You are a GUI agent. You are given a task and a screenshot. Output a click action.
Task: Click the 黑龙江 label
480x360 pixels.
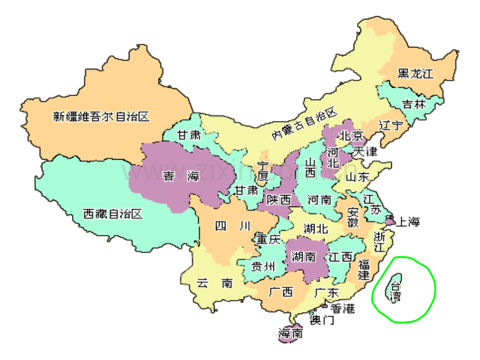[x=415, y=74]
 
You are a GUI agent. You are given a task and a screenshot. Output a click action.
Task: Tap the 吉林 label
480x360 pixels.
[x=414, y=104]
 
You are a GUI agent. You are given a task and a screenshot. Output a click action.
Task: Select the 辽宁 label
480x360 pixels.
[x=391, y=126]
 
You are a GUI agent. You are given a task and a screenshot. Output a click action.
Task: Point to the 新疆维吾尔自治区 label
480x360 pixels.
[x=101, y=116]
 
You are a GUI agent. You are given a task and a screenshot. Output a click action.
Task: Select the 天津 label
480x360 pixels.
[x=365, y=152]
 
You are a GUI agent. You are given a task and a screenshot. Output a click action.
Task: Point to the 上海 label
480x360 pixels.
[x=408, y=222]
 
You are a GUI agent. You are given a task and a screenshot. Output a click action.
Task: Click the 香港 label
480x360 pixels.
[x=342, y=308]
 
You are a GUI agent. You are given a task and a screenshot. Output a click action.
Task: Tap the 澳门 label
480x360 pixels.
[x=322, y=320]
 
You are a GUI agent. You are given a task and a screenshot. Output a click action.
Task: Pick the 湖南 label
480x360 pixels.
[x=304, y=257]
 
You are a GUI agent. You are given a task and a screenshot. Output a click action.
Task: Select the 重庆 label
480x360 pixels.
[x=268, y=239]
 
